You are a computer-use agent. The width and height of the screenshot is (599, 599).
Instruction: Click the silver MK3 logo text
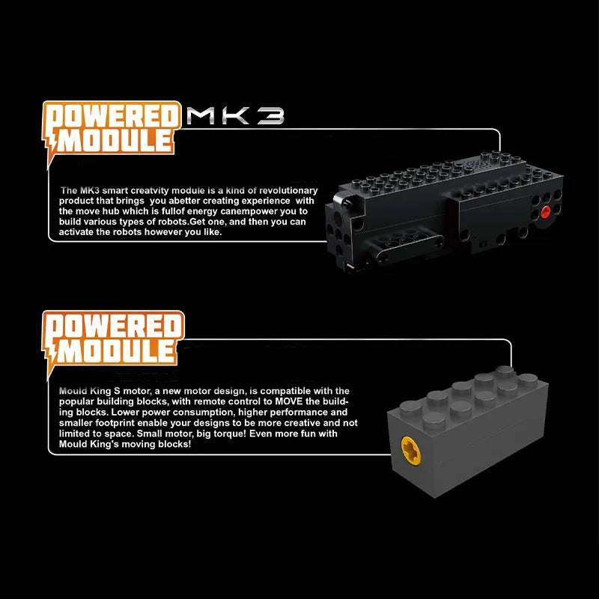[x=235, y=116]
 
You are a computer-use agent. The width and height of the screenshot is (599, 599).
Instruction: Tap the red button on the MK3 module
[x=546, y=212]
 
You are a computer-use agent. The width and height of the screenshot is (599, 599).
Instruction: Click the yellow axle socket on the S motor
[x=410, y=451]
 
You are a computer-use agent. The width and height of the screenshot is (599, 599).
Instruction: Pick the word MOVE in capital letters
[x=289, y=401]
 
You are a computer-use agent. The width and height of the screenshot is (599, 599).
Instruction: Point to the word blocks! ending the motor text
[x=174, y=444]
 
